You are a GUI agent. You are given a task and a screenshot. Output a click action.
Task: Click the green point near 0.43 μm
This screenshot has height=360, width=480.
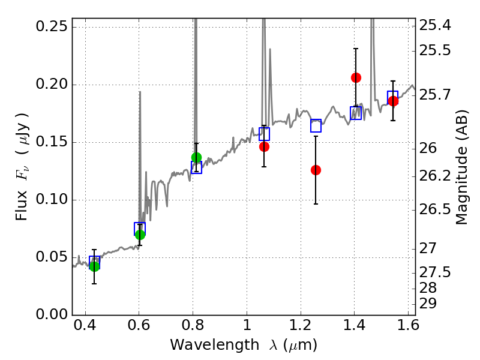pyautogui.click(x=94, y=266)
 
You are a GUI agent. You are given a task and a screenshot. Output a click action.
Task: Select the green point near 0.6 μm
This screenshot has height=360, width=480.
pyautogui.click(x=140, y=235)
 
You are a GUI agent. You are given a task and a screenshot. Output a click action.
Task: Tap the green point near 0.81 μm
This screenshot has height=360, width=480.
pyautogui.click(x=196, y=158)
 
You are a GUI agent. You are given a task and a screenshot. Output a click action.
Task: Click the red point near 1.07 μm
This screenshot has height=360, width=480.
pyautogui.click(x=264, y=146)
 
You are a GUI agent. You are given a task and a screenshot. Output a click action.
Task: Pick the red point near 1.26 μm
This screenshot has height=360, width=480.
pyautogui.click(x=316, y=170)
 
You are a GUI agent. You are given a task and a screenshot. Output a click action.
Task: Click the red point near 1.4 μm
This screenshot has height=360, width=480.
pyautogui.click(x=356, y=77)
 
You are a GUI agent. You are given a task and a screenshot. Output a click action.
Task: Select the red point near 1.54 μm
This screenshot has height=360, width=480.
pyautogui.click(x=393, y=101)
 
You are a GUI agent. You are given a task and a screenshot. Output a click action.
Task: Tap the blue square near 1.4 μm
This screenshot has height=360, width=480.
pyautogui.click(x=356, y=113)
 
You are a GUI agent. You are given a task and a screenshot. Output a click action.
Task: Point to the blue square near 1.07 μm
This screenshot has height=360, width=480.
pyautogui.click(x=264, y=134)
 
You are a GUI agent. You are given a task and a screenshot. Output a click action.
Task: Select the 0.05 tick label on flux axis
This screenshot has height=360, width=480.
pyautogui.click(x=51, y=257)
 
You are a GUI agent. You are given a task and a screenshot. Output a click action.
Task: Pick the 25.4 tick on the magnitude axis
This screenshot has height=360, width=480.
pyautogui.click(x=436, y=26)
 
